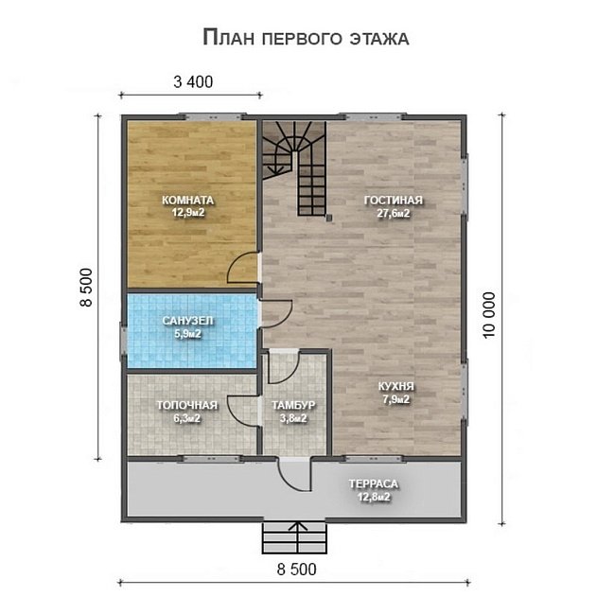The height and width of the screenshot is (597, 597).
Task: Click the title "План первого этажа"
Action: [306, 38]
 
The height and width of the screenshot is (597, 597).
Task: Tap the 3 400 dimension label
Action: [193, 82]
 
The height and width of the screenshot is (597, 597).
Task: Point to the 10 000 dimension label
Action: [489, 315]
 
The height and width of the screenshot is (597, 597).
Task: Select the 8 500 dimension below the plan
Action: [296, 570]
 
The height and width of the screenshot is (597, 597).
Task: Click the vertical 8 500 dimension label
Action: [86, 288]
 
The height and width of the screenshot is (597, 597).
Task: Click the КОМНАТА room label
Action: [187, 200]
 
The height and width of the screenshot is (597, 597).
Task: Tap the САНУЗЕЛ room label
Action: [187, 321]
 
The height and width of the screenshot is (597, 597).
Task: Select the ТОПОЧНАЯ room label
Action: [187, 406]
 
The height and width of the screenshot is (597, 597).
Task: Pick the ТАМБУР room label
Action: [293, 406]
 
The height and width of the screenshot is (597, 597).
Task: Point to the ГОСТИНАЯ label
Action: [394, 201]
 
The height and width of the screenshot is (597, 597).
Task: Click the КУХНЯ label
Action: [396, 386]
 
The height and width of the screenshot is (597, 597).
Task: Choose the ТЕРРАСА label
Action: [374, 483]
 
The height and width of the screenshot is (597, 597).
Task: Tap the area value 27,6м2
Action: [394, 214]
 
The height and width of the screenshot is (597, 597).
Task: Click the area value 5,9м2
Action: [187, 334]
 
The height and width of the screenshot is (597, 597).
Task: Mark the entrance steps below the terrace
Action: [294, 538]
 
